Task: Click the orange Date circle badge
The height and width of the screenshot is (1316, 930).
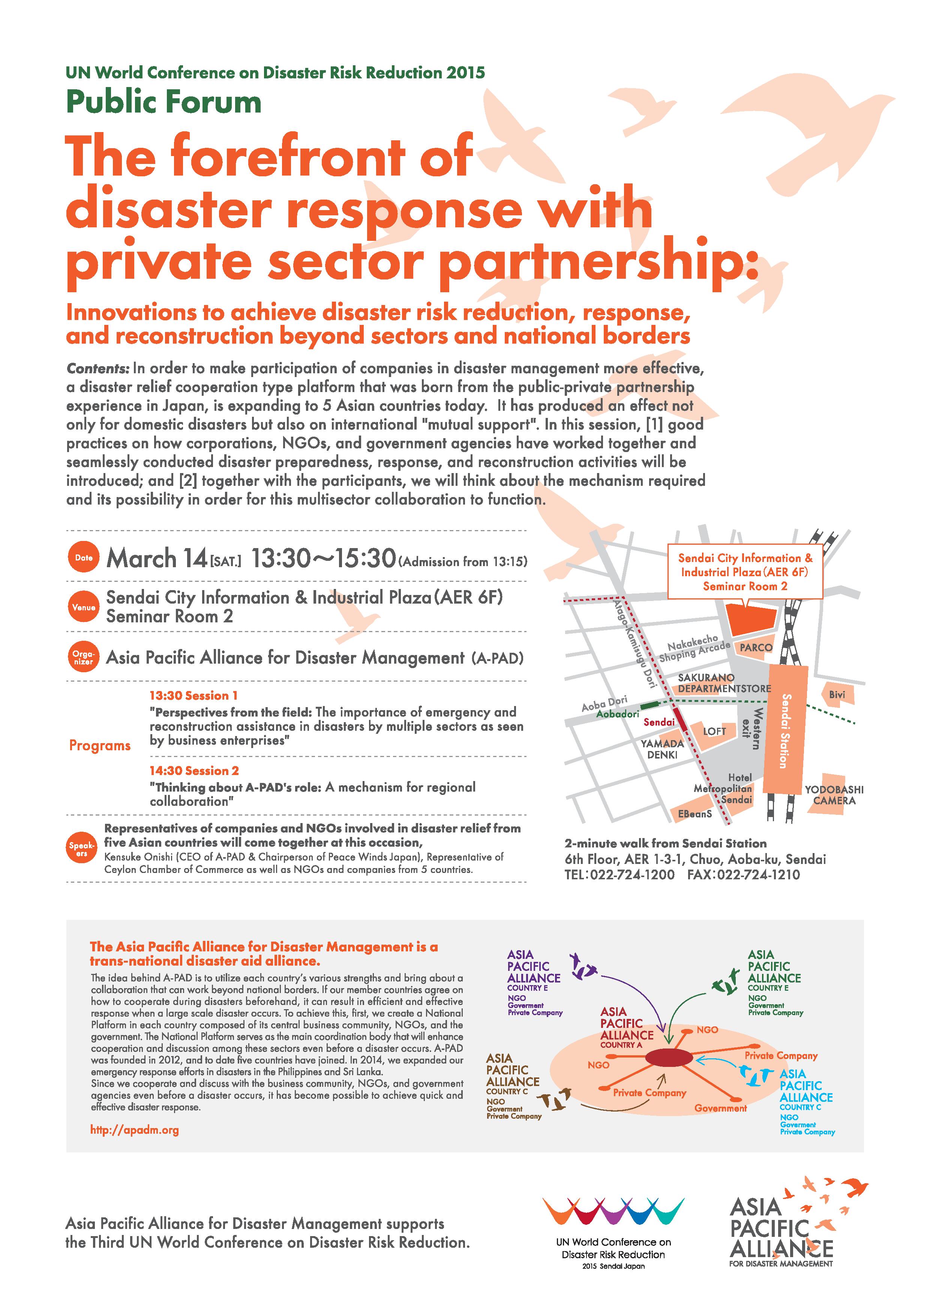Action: [x=84, y=557]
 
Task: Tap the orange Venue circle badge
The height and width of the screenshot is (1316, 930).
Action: [x=84, y=607]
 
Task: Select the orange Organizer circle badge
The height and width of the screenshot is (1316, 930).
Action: [x=84, y=657]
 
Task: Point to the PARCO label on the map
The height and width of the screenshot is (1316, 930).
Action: [x=756, y=647]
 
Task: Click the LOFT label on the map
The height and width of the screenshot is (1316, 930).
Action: [x=714, y=732]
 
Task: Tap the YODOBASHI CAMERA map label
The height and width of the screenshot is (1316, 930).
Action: [x=834, y=795]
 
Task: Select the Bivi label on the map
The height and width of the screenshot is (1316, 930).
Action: [x=837, y=695]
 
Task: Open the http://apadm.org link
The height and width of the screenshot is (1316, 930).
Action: [x=135, y=1130]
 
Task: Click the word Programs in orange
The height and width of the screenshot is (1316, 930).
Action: [x=100, y=746]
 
